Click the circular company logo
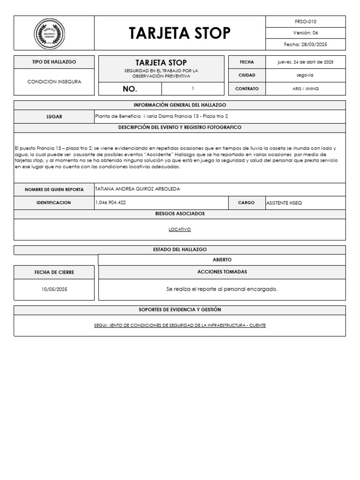tap(49, 33)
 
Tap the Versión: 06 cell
tap(306, 33)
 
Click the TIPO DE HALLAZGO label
tap(54, 62)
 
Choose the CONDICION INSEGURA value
tap(54, 82)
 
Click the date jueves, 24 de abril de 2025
tap(306, 62)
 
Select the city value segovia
tap(306, 75)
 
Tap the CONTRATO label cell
tap(247, 89)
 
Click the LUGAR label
tap(54, 117)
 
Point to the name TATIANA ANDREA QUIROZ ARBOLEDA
tap(137, 189)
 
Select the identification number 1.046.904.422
tap(111, 202)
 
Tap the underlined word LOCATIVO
tap(180, 230)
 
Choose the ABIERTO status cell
tap(222, 260)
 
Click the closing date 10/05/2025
tap(54, 289)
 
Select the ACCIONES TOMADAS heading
tap(222, 272)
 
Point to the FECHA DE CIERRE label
tap(54, 272)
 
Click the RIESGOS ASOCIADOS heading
tap(180, 214)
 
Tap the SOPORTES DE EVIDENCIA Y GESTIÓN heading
tap(180, 310)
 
